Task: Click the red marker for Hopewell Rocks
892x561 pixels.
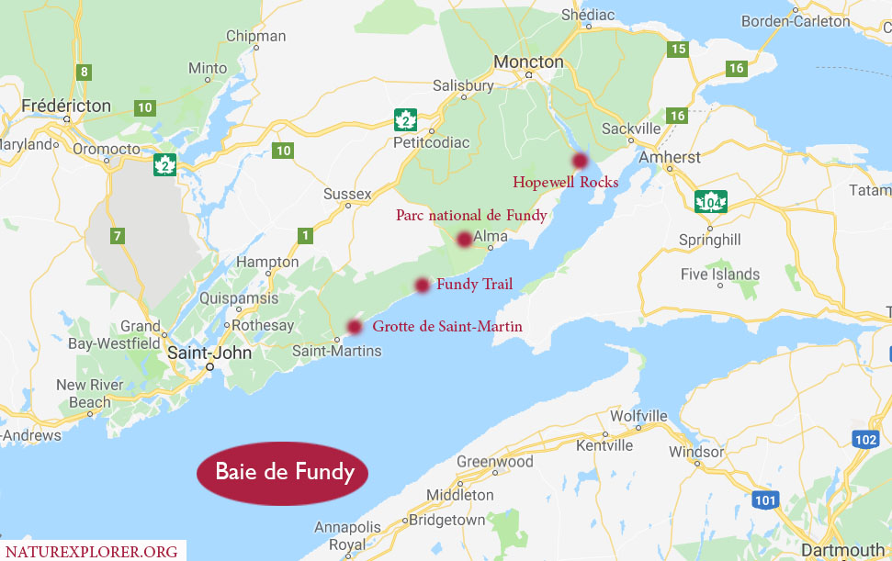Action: click(x=580, y=161)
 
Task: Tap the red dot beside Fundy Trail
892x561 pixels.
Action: click(x=422, y=285)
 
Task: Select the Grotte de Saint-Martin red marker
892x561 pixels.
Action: click(x=354, y=327)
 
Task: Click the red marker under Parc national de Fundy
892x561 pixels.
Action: click(x=464, y=240)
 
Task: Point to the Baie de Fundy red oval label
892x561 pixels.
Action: click(x=283, y=473)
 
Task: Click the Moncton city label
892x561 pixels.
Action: click(x=528, y=62)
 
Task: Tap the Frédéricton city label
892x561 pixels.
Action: click(x=66, y=105)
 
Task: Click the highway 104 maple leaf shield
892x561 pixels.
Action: click(x=713, y=202)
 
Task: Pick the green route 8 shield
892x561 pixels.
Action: click(x=85, y=72)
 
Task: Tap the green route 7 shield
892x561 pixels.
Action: click(x=117, y=236)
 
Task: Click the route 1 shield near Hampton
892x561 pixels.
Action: click(x=304, y=236)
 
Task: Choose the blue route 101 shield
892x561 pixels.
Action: click(x=764, y=499)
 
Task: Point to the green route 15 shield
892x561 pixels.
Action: click(x=678, y=49)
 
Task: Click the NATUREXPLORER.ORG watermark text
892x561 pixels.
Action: click(x=92, y=551)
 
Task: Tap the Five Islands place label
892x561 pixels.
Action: click(x=720, y=274)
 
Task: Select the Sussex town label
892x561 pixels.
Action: click(x=347, y=194)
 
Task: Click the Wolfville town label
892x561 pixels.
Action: click(x=638, y=416)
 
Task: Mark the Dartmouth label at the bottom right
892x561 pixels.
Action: click(x=842, y=550)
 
